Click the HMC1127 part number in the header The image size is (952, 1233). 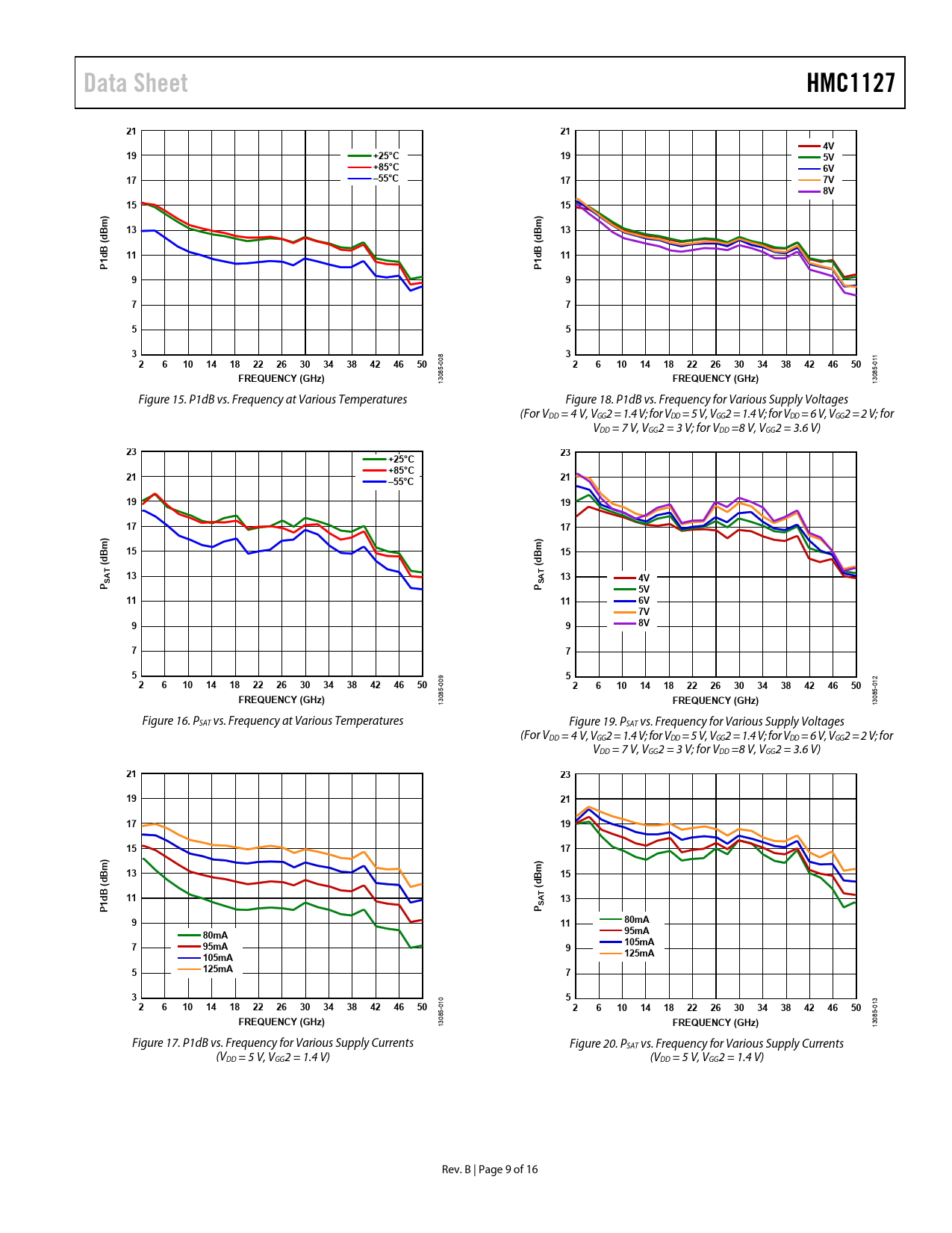(x=850, y=83)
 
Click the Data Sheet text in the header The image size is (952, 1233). (x=136, y=83)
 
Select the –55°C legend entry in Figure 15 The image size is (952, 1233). (x=386, y=179)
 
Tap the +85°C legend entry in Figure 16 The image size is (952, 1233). (x=401, y=471)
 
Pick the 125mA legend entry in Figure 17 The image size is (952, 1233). (x=217, y=969)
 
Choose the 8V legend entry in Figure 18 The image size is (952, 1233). (x=828, y=191)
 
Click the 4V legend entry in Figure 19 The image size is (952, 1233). (x=643, y=578)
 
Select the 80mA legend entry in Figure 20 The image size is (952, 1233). (x=636, y=920)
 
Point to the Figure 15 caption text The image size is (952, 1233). (x=273, y=400)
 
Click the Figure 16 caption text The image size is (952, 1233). (x=273, y=721)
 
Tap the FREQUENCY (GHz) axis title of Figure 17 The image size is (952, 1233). (x=281, y=1022)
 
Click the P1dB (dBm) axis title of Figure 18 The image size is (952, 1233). (x=538, y=242)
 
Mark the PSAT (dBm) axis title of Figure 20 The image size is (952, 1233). (x=538, y=886)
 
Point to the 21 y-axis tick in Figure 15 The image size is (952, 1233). (x=131, y=132)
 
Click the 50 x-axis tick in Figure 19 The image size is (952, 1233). (x=856, y=685)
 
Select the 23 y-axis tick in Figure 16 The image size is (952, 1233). (x=131, y=452)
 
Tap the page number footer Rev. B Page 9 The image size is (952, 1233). (x=490, y=1169)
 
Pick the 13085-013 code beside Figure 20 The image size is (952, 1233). (x=875, y=1012)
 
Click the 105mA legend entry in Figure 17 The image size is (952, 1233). (x=217, y=958)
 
